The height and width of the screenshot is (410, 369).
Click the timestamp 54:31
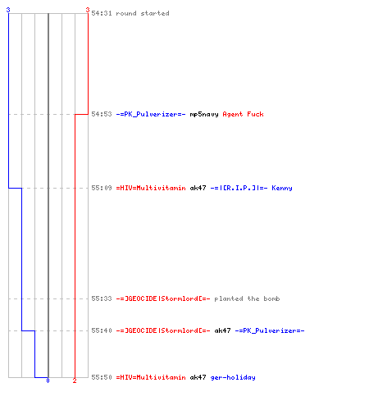pyautogui.click(x=102, y=13)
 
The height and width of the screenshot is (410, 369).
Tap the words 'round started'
pyautogui.click(x=143, y=13)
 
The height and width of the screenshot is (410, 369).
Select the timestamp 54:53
pyautogui.click(x=102, y=114)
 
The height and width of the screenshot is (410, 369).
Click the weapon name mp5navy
pyautogui.click(x=204, y=114)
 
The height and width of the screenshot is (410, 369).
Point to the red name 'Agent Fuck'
pyautogui.click(x=243, y=114)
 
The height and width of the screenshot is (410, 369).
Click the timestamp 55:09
pyautogui.click(x=102, y=188)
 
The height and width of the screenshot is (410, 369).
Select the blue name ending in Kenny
pyautogui.click(x=251, y=188)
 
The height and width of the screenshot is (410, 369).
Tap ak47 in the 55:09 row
pyautogui.click(x=198, y=188)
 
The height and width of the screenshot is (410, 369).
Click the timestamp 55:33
pyautogui.click(x=102, y=298)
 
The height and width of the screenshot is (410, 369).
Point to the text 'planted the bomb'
pyautogui.click(x=247, y=298)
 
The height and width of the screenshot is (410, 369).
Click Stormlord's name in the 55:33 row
pyautogui.click(x=163, y=298)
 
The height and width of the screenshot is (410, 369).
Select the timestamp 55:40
pyautogui.click(x=102, y=330)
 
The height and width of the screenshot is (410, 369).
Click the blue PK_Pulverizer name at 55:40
pyautogui.click(x=270, y=330)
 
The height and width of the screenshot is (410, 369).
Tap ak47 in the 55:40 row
pyautogui.click(x=222, y=330)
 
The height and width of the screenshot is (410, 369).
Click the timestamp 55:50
pyautogui.click(x=102, y=377)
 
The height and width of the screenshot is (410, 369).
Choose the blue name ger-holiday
pyautogui.click(x=233, y=377)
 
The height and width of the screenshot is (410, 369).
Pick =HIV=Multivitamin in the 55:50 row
pyautogui.click(x=151, y=377)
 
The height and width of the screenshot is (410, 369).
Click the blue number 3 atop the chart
pyautogui.click(x=8, y=10)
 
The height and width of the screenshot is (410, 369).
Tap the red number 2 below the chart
pyautogui.click(x=75, y=380)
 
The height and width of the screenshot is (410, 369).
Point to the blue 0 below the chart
pyautogui.click(x=48, y=380)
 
